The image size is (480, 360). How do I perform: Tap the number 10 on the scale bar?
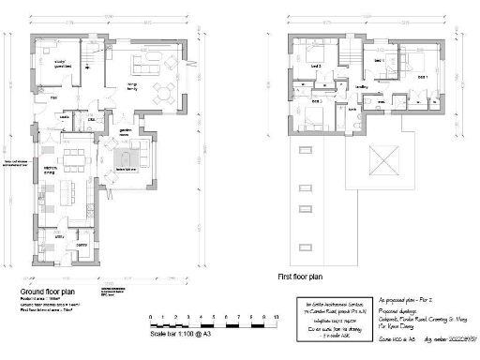pos(277,319)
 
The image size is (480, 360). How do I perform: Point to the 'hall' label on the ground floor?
pos(54,97)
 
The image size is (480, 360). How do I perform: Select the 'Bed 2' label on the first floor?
pos(317,67)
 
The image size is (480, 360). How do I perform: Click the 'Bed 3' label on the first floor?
pos(317,100)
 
